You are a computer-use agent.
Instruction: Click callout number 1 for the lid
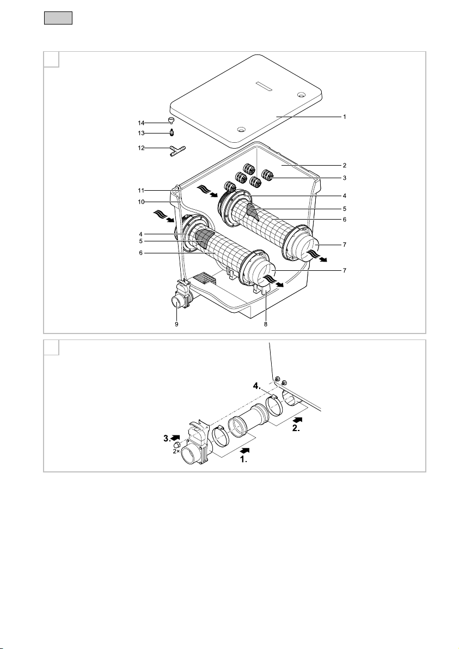[x=345, y=117]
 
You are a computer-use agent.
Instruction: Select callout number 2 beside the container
[x=345, y=166]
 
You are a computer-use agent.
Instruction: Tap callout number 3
[x=345, y=178]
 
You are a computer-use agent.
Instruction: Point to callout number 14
[x=142, y=123]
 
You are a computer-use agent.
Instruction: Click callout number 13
[x=142, y=134]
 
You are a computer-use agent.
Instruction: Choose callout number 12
[x=142, y=148]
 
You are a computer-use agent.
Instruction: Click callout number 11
[x=142, y=191]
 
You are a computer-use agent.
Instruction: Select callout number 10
[x=142, y=202]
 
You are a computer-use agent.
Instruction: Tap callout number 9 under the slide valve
[x=176, y=325]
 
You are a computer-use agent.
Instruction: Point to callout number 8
[x=266, y=325]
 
